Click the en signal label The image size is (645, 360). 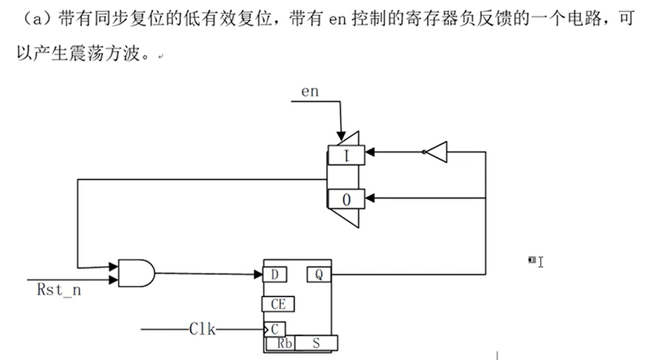click(x=310, y=92)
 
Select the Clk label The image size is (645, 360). click(x=202, y=328)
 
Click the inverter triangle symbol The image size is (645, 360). click(x=437, y=152)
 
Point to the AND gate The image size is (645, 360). click(x=136, y=272)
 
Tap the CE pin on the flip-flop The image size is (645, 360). click(x=279, y=304)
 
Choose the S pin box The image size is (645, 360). click(x=316, y=343)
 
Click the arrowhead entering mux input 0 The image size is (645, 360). click(x=370, y=198)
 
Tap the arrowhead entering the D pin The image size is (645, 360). click(x=259, y=273)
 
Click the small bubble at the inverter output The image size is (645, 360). click(x=424, y=152)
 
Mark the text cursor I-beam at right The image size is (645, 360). click(x=540, y=262)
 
